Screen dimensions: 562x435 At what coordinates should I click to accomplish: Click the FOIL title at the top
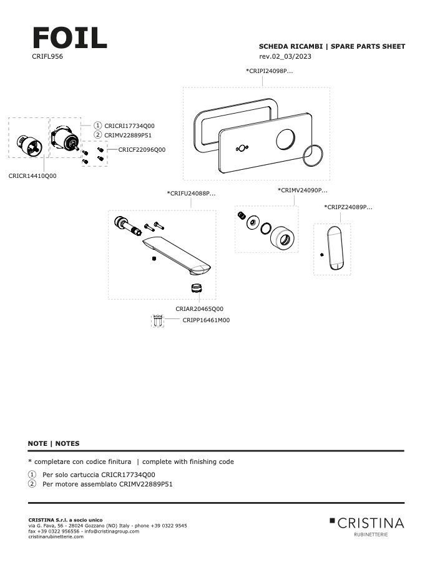[x=69, y=38]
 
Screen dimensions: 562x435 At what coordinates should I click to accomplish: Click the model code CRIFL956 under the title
[x=47, y=57]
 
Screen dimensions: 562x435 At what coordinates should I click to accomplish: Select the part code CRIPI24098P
[x=270, y=71]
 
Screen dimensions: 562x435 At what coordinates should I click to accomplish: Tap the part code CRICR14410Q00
[x=32, y=176]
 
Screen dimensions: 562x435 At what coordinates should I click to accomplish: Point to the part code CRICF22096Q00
[x=137, y=150]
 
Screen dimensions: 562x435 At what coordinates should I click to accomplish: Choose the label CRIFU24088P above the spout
[x=192, y=194]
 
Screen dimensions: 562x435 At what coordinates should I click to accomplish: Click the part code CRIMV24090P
[x=303, y=190]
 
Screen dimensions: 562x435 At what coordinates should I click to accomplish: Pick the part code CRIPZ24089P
[x=348, y=207]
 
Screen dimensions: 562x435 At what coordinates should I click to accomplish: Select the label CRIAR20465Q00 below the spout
[x=199, y=308]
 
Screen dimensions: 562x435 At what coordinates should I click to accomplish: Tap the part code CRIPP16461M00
[x=206, y=320]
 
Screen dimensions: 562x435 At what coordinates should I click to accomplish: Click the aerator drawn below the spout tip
[x=198, y=288]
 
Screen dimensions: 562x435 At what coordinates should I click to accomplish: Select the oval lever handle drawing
[x=335, y=248]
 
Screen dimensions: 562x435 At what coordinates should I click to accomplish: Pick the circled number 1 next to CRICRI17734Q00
[x=97, y=126]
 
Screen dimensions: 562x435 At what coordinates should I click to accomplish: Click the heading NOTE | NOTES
[x=54, y=443]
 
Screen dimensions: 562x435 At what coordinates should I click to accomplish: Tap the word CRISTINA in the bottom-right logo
[x=371, y=523]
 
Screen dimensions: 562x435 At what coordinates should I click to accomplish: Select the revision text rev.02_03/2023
[x=285, y=57]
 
